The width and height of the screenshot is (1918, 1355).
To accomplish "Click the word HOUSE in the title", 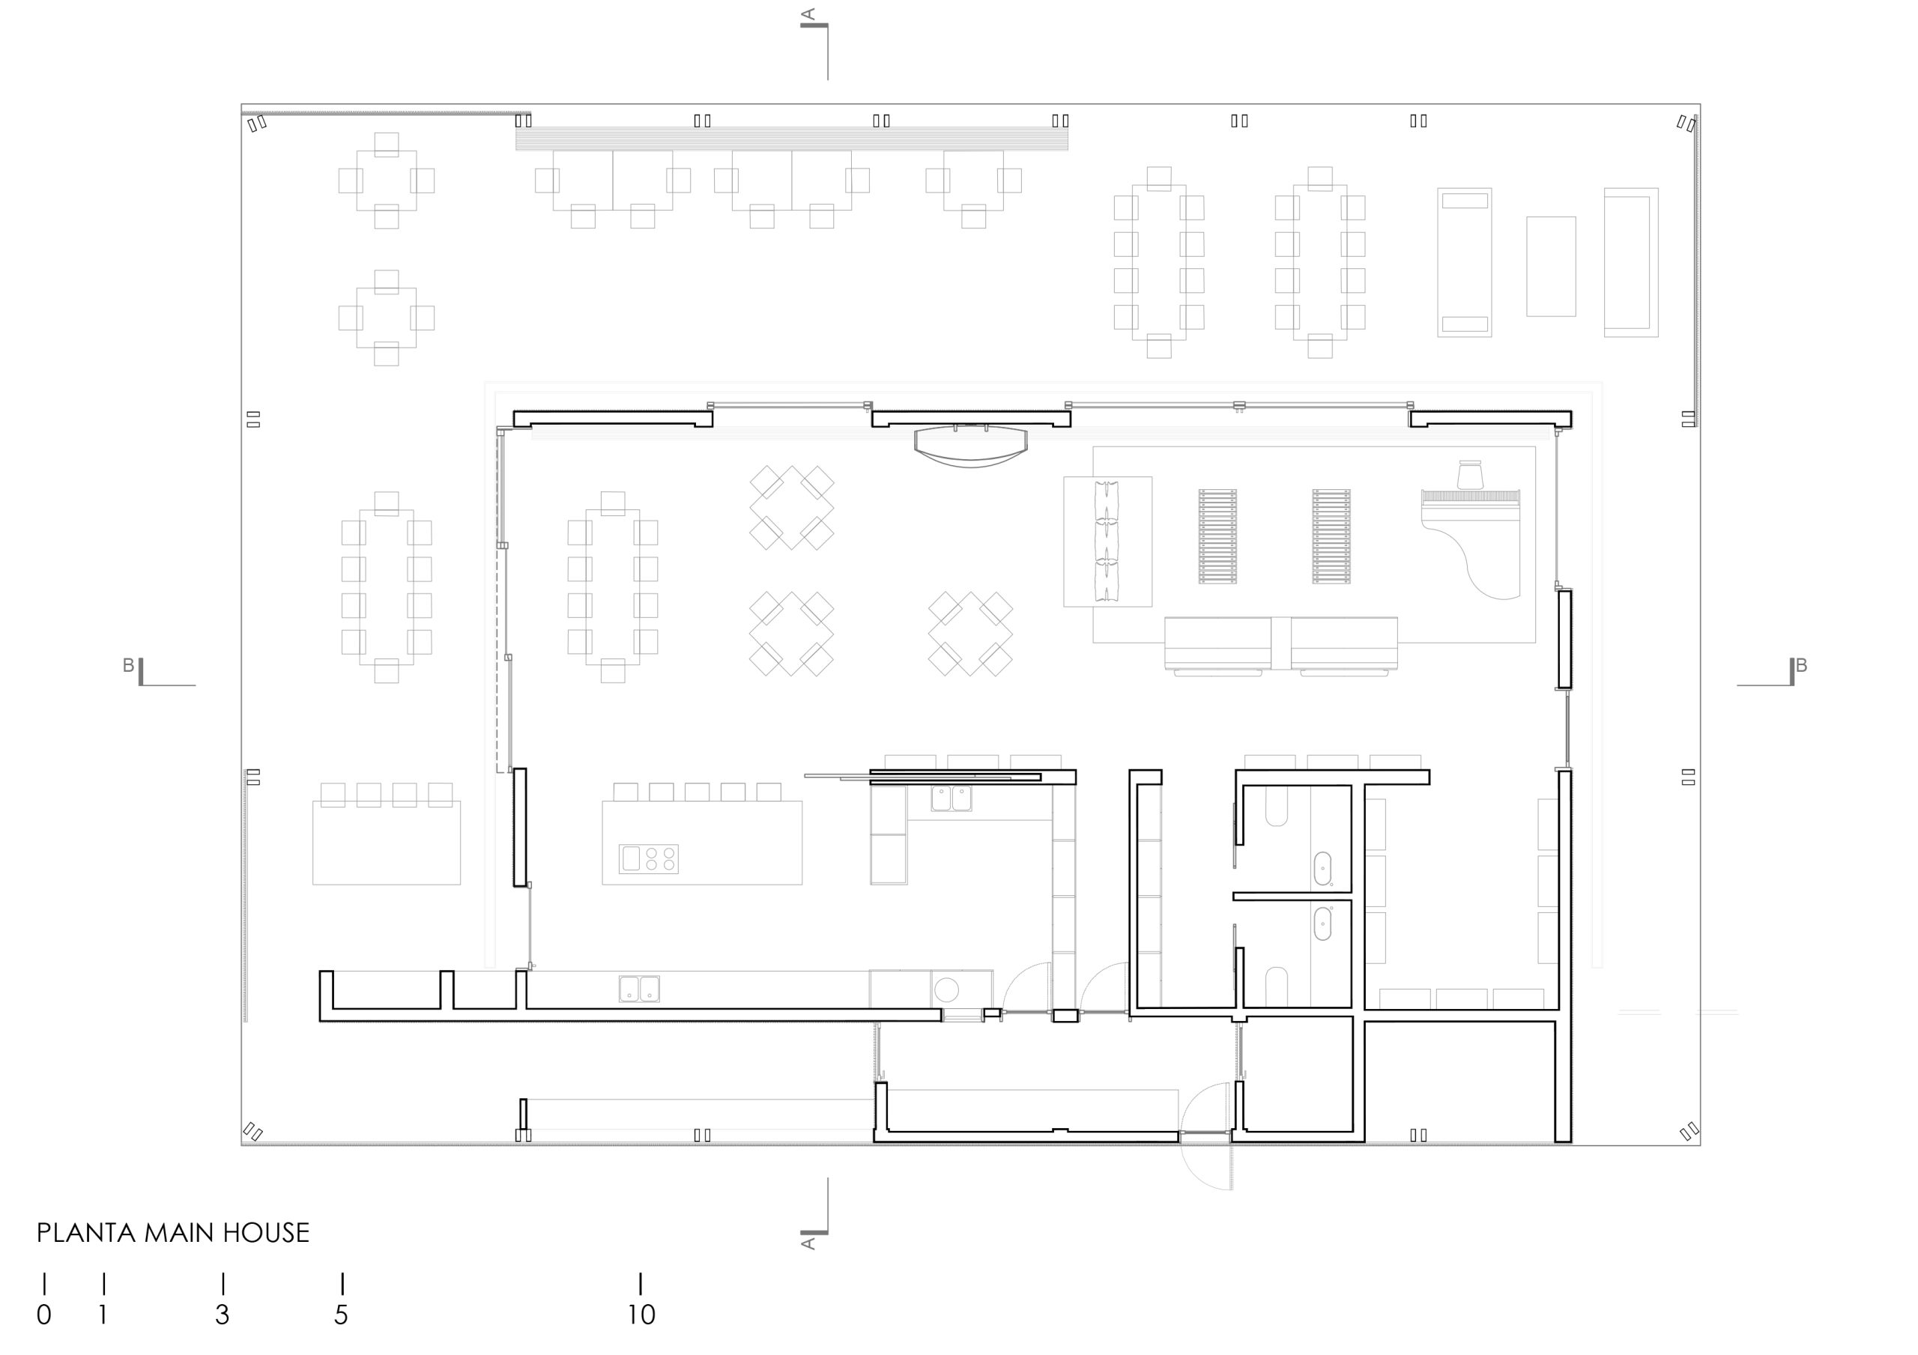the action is coord(266,1233).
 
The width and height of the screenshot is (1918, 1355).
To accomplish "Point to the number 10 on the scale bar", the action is coord(641,1314).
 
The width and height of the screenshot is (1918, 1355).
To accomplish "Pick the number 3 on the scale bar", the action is coord(223,1314).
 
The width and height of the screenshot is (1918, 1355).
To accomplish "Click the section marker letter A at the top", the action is coord(808,14).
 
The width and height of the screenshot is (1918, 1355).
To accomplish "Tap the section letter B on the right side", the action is coord(1801,665).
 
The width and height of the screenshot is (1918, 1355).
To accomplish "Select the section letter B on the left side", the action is coord(129,665).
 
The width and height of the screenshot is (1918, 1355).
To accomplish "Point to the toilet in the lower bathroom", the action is coord(1277,986).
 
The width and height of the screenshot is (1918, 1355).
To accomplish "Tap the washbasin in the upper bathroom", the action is coord(1322,869).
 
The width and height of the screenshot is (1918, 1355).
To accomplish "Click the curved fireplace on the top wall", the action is coord(971,445).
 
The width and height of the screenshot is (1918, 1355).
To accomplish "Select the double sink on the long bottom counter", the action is coord(639,988).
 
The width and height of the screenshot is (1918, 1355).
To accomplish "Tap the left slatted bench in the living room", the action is coord(1218,536).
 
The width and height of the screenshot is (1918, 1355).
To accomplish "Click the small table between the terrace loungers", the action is coord(1552,267).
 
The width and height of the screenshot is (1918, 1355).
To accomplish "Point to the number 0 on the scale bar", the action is coord(44,1314).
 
